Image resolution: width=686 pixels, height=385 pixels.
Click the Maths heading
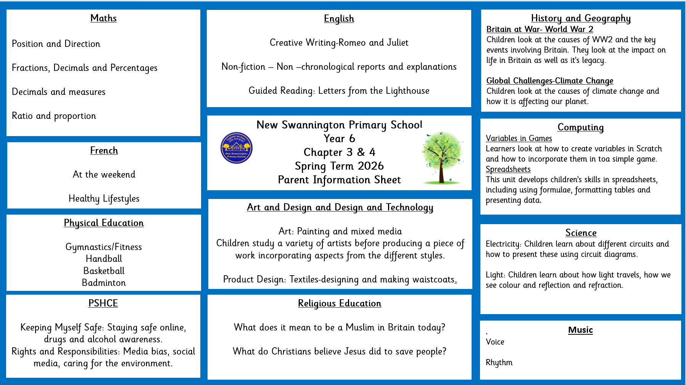coord(103,18)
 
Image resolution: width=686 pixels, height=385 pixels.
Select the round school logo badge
coord(237,148)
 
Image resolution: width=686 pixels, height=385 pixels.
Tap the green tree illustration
coord(442,157)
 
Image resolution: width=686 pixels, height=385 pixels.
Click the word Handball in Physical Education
coord(104,259)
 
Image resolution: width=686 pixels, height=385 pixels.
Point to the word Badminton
coord(104,283)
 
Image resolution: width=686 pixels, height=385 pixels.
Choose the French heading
coord(104,151)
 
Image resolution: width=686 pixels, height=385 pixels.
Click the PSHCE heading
coord(103,303)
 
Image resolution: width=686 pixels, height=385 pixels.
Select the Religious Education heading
coord(340,303)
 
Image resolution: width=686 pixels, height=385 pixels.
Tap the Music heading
coord(580,330)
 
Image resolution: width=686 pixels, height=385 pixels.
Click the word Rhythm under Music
coord(499,363)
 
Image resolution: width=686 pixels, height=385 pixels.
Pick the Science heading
coord(581,233)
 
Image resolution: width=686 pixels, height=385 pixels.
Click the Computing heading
coord(580,127)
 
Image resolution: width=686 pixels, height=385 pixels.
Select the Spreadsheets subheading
coord(508,169)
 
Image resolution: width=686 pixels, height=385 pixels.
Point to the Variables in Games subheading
coord(519,138)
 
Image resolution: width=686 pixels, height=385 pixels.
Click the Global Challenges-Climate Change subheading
coord(549,81)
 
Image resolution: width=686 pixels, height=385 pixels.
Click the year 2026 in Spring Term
coord(370,166)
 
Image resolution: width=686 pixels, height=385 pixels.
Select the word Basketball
coord(104,271)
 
